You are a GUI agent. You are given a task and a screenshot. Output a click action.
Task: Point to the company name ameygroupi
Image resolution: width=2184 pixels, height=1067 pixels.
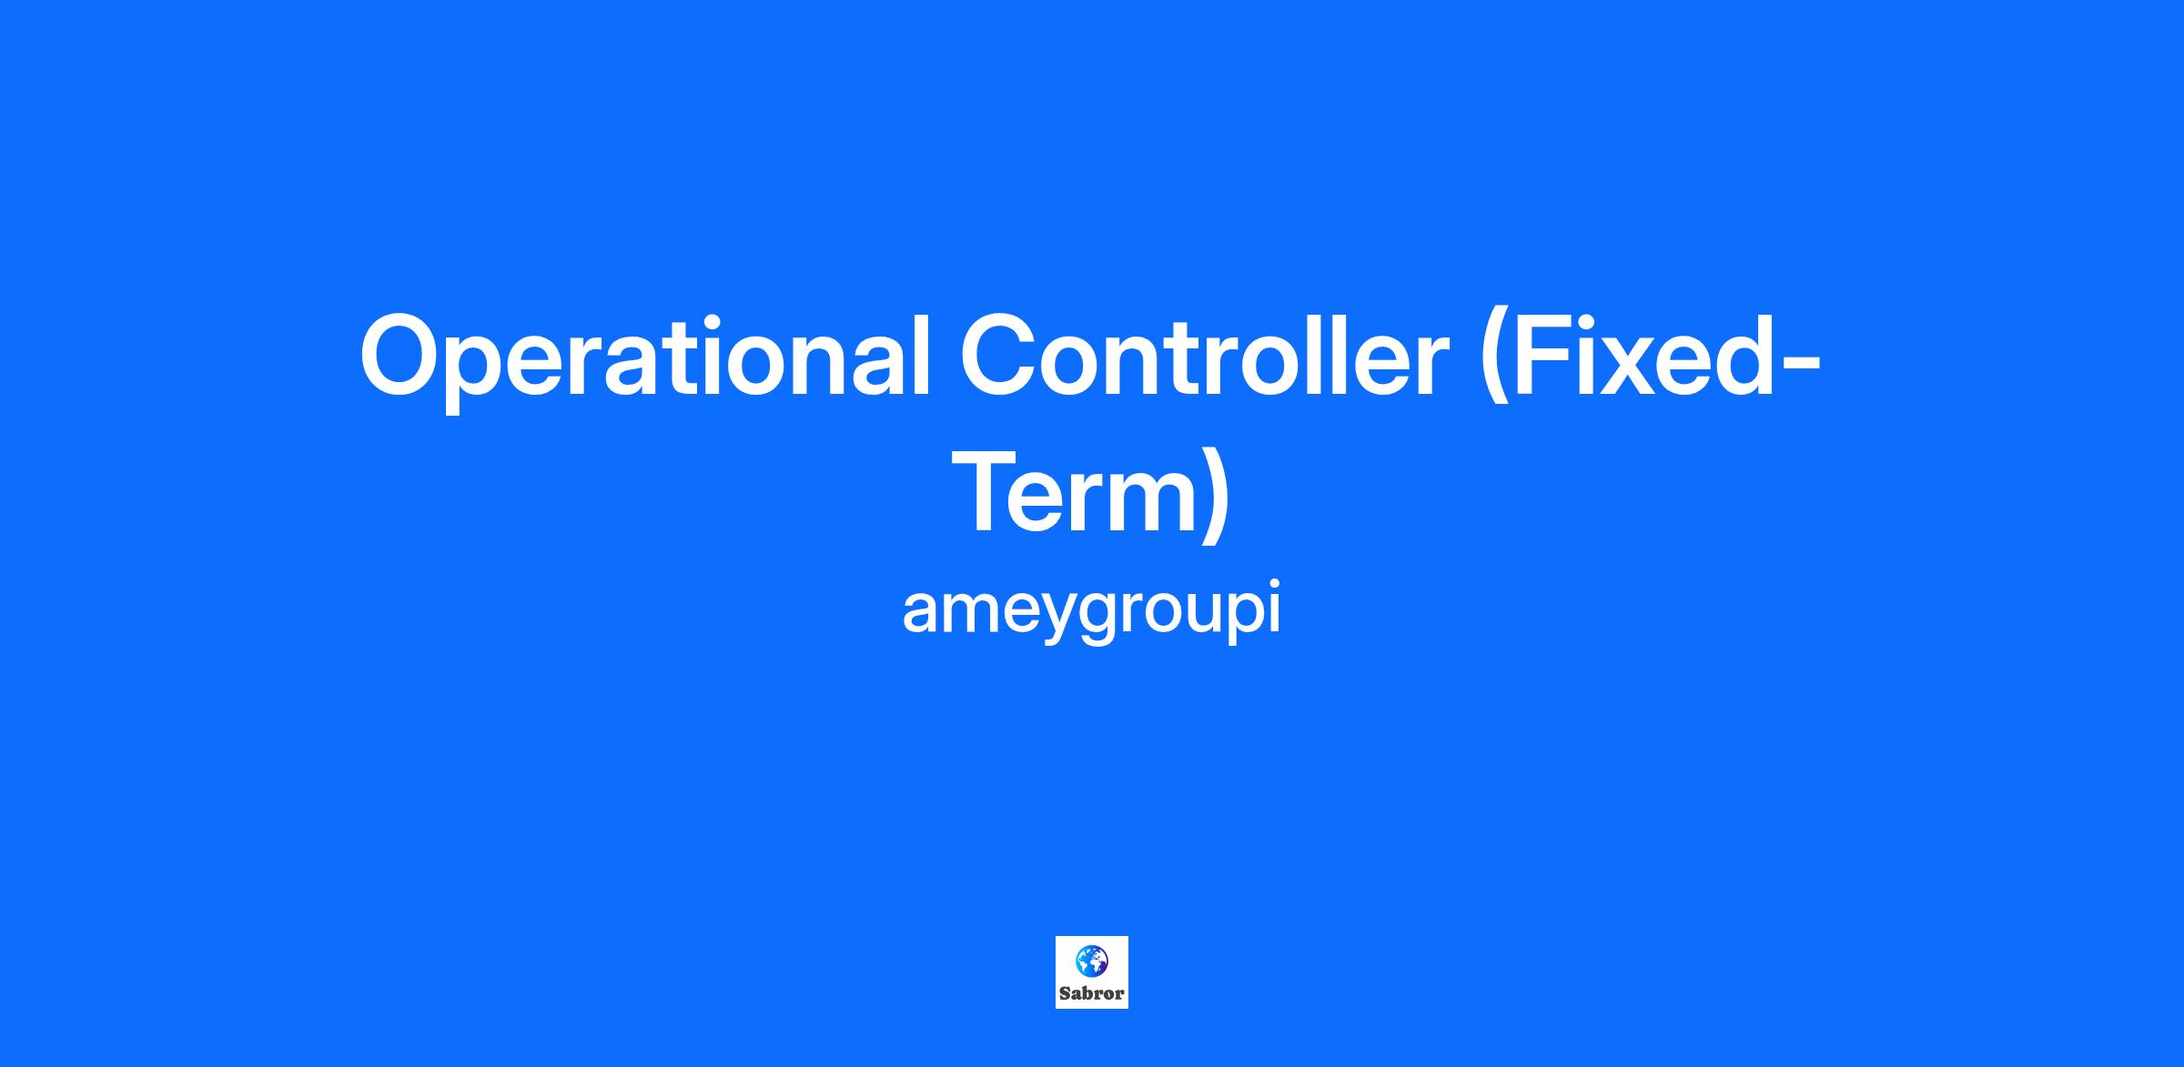click(1091, 610)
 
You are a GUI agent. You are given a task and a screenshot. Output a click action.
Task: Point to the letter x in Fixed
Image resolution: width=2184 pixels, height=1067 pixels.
click(1639, 368)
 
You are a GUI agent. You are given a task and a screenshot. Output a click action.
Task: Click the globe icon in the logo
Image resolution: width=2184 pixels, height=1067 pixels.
click(1092, 961)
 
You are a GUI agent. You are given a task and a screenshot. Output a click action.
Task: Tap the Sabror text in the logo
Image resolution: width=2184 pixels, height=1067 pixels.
click(1092, 993)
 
